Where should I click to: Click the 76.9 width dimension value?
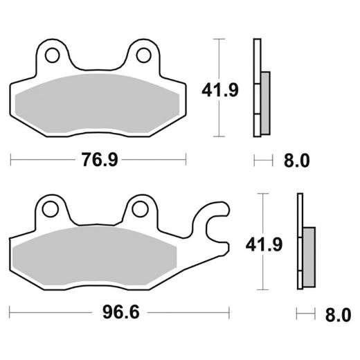coord(98,161)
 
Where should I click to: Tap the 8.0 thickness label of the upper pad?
coord(296,161)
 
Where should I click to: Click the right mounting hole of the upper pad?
coord(144,54)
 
